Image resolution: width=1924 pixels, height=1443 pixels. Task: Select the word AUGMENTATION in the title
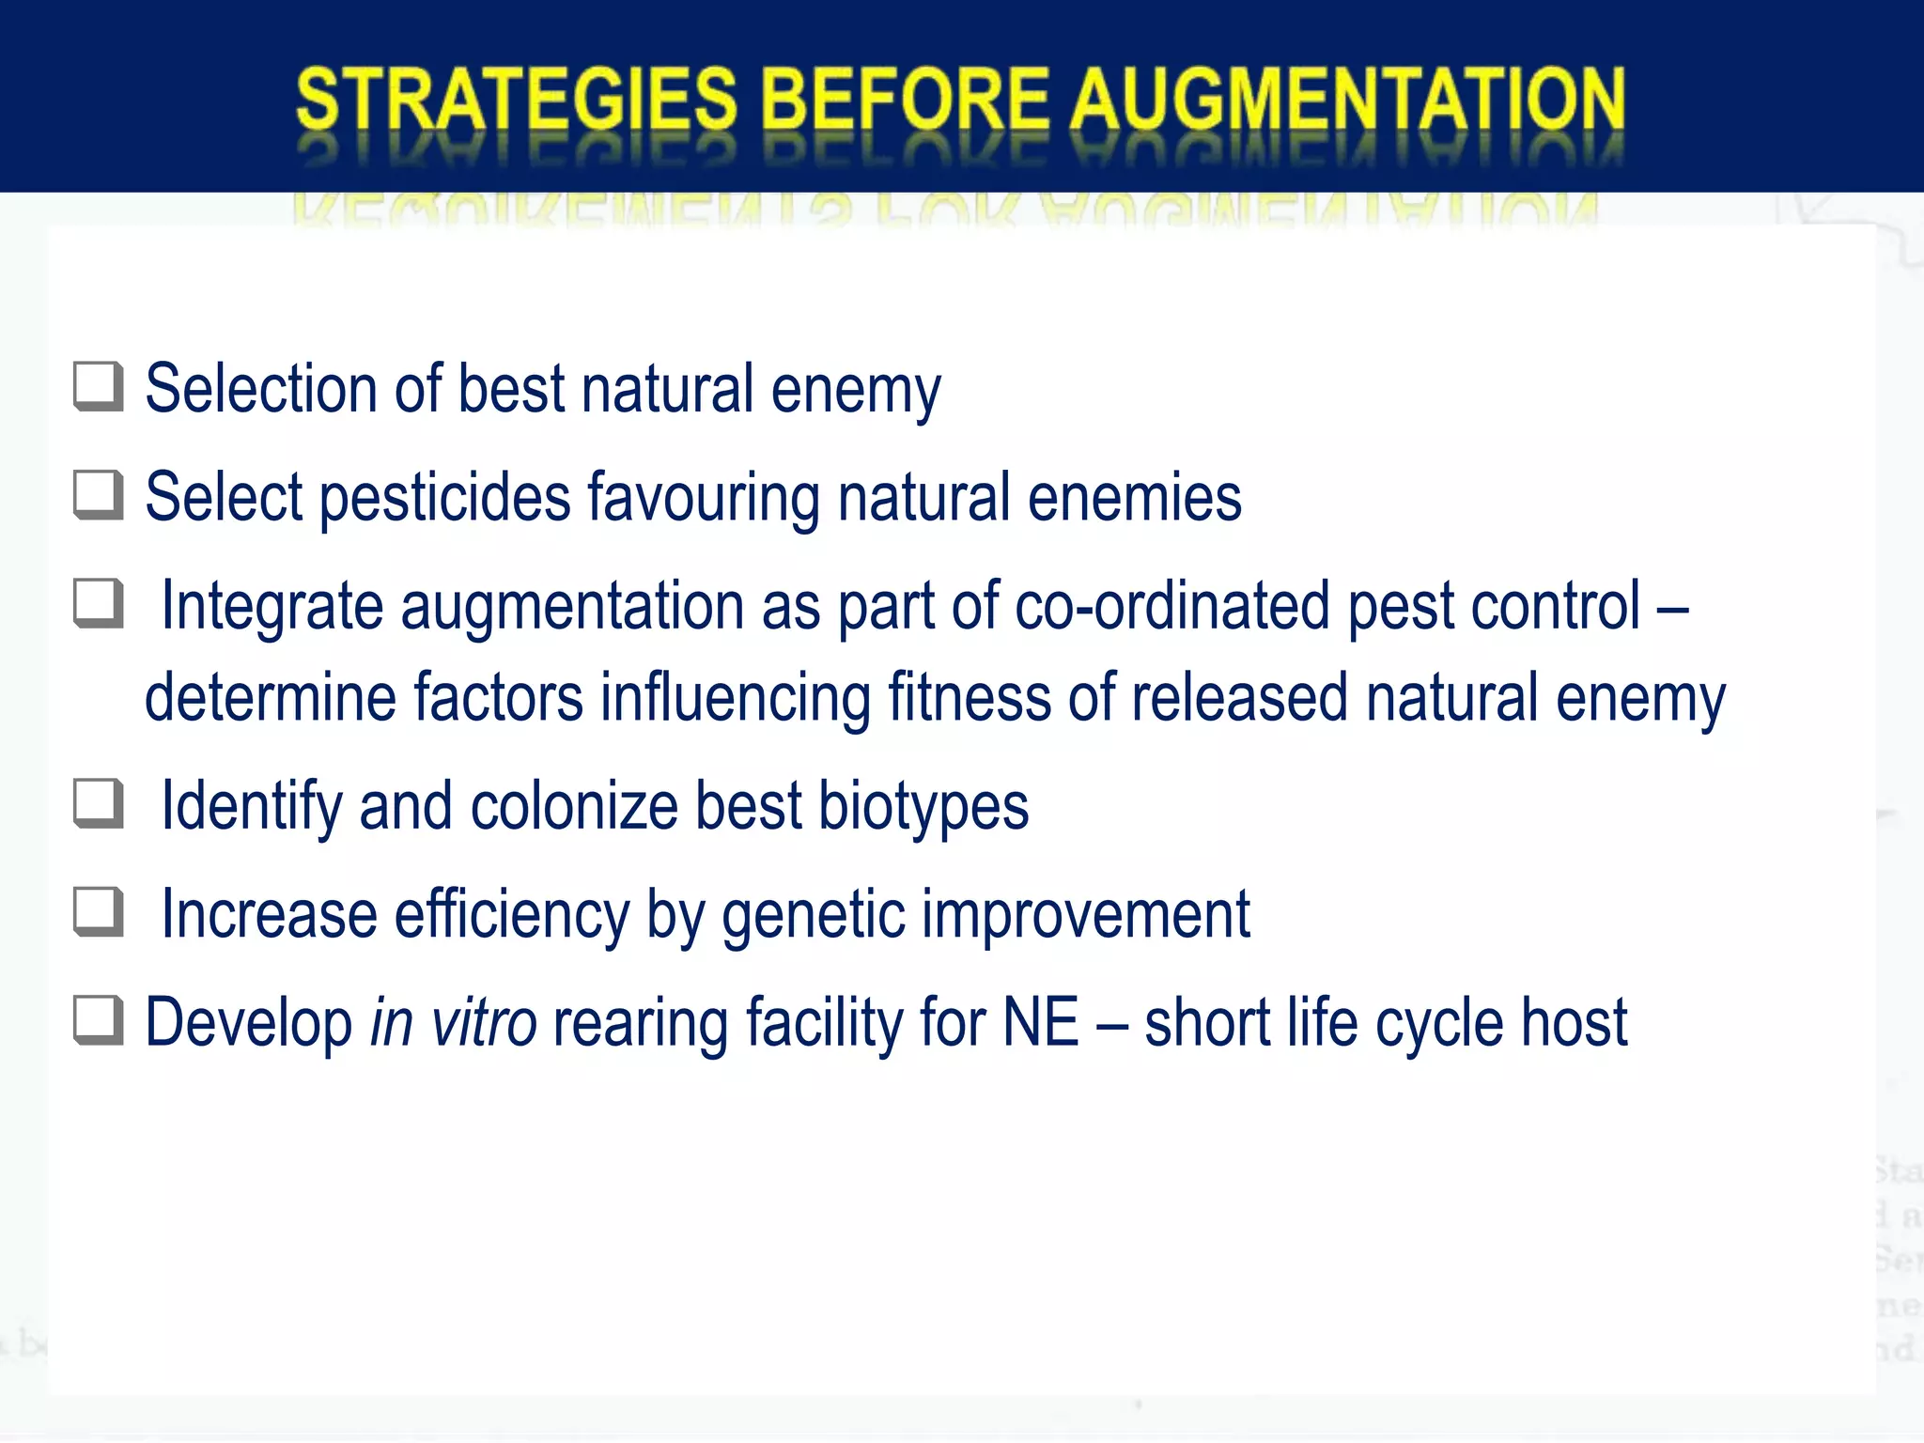click(1348, 99)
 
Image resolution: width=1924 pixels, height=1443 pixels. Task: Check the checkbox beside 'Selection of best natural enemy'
click(99, 387)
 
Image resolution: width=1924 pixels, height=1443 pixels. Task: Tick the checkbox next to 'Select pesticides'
click(99, 495)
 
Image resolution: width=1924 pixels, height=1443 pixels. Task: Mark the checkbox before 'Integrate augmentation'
click(99, 603)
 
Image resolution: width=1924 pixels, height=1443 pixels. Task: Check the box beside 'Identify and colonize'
click(99, 804)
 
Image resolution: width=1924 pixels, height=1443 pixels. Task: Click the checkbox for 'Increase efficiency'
click(99, 912)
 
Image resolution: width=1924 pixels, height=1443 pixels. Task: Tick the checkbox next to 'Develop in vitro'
click(99, 1021)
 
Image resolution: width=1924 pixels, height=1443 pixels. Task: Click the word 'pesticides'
click(444, 497)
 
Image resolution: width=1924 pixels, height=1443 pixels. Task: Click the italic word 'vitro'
click(483, 1022)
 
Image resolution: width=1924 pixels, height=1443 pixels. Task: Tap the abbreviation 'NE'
click(1041, 1022)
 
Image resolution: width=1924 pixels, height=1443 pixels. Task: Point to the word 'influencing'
click(736, 697)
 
